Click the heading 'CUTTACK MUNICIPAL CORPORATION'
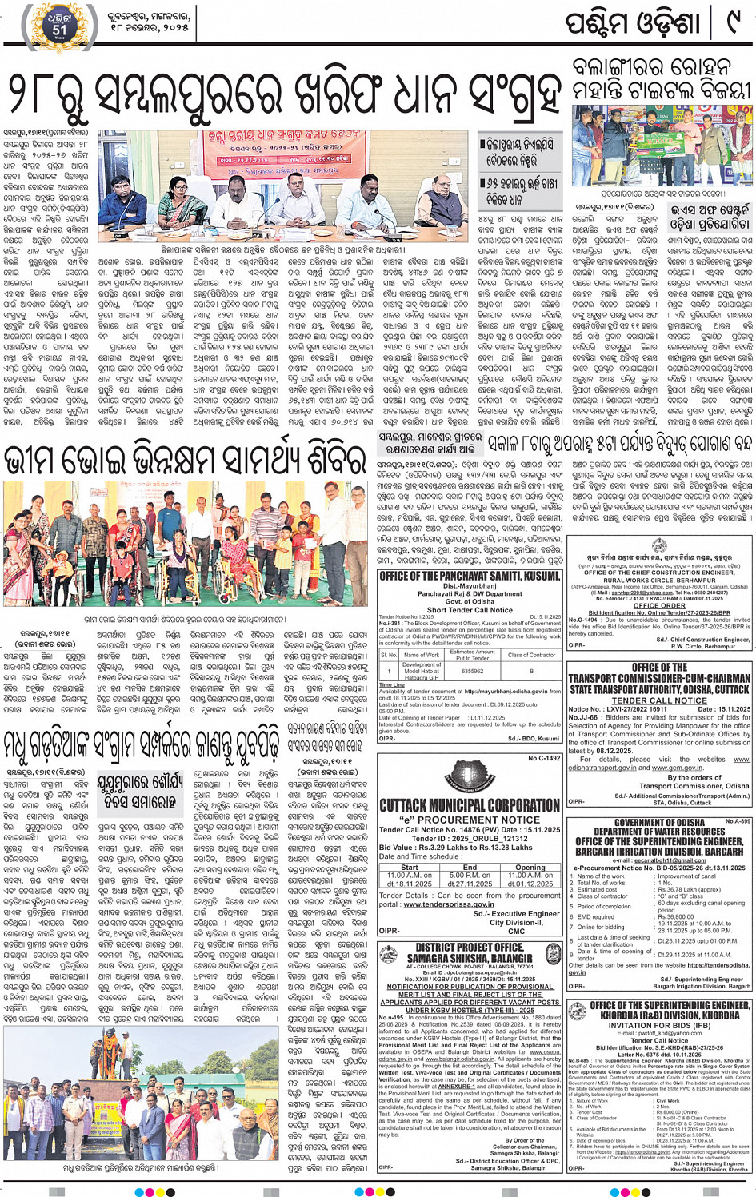(470, 804)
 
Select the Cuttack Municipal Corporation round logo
(469, 776)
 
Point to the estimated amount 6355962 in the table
(472, 672)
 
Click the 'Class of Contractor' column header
(531, 655)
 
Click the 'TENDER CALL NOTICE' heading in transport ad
(659, 700)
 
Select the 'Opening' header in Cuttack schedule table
(530, 867)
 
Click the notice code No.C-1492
(544, 758)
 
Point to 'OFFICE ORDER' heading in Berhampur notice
(659, 606)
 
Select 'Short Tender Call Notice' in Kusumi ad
(469, 610)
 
